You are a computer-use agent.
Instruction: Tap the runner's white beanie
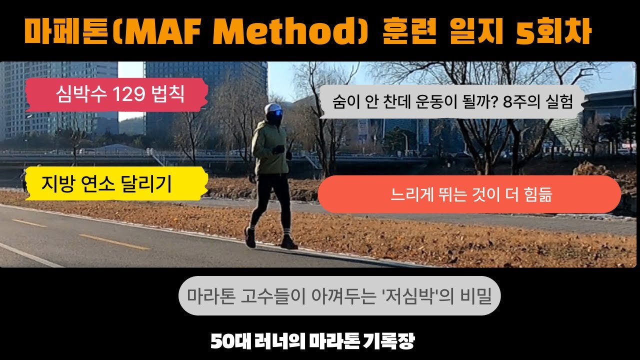pos(273,108)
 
